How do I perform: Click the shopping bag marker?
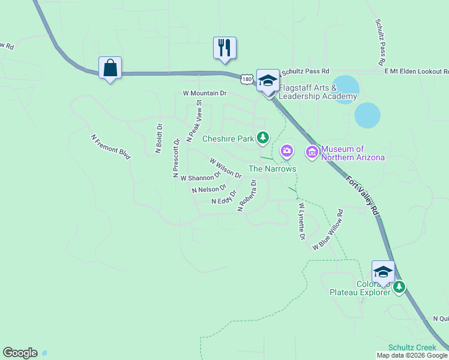[110, 68]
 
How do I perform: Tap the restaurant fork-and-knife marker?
[224, 48]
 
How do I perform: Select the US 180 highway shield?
[247, 79]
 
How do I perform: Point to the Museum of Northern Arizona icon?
[312, 152]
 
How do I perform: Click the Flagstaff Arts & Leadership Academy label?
[318, 92]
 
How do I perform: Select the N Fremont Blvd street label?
[111, 146]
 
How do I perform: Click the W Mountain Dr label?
[205, 94]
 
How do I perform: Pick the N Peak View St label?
[195, 122]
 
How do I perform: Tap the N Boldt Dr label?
[159, 139]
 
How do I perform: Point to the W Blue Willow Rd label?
[328, 230]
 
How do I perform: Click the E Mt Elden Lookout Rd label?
[417, 71]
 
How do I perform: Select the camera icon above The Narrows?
[287, 150]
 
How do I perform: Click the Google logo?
[20, 353]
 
